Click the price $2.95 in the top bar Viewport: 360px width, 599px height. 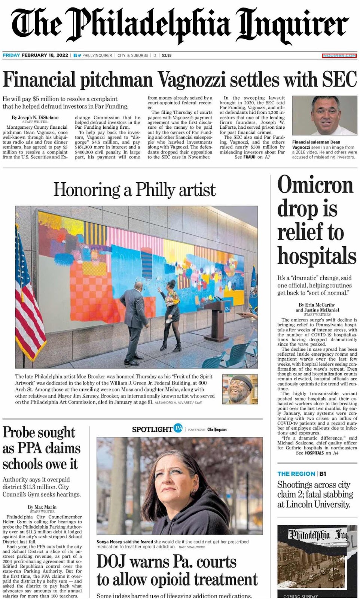point(167,55)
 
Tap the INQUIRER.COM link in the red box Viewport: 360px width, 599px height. point(339,55)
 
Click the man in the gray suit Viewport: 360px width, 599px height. point(134,318)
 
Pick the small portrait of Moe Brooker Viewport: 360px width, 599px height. point(240,389)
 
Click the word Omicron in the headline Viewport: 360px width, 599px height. point(315,186)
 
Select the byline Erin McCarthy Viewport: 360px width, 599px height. point(317,305)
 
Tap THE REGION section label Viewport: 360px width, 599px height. point(296,474)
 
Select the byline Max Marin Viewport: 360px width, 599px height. point(42,507)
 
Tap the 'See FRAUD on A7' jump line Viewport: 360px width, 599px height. point(252,157)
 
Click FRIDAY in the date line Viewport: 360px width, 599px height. point(11,55)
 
